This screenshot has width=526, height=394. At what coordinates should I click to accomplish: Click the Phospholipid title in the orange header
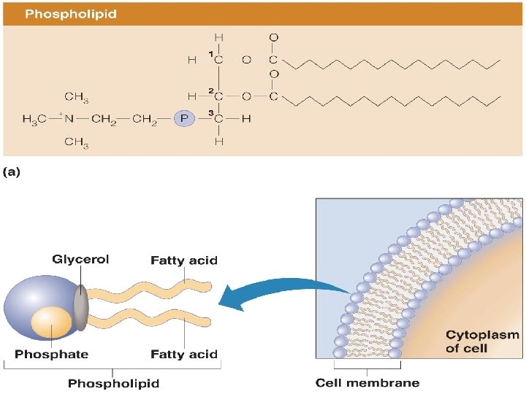[x=70, y=14]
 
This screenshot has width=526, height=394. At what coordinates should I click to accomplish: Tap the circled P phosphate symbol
[x=184, y=119]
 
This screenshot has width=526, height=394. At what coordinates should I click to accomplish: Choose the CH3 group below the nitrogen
[x=77, y=142]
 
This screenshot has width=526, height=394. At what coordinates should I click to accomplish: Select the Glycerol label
[x=80, y=260]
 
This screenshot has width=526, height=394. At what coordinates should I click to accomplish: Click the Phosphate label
[x=51, y=355]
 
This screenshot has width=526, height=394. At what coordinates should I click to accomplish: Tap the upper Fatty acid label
[x=183, y=260]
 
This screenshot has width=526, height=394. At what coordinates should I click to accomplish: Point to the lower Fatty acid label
[x=183, y=355]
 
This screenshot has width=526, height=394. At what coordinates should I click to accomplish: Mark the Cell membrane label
[x=367, y=382]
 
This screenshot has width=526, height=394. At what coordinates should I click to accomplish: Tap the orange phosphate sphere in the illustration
[x=51, y=321]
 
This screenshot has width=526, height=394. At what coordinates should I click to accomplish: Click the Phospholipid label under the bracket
[x=113, y=382]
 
